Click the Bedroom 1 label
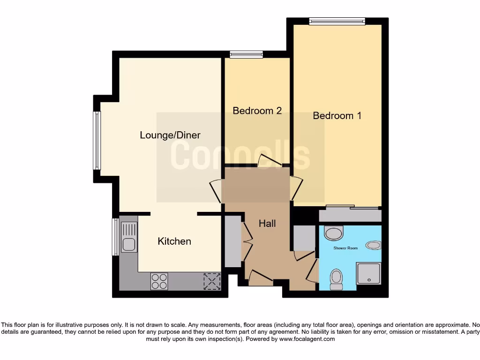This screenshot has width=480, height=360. pyautogui.click(x=337, y=115)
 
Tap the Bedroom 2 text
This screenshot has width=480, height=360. pyautogui.click(x=257, y=111)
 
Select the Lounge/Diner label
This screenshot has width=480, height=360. pyautogui.click(x=170, y=135)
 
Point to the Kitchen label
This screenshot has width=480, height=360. pyautogui.click(x=174, y=241)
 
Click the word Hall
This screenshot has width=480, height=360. pyautogui.click(x=267, y=224)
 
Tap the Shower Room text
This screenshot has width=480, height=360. pyautogui.click(x=345, y=247)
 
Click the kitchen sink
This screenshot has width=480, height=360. pyautogui.click(x=128, y=237)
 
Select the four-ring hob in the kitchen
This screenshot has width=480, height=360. pyautogui.click(x=159, y=281)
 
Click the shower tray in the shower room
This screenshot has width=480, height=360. pyautogui.click(x=369, y=273)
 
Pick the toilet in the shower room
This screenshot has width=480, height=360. pyautogui.click(x=336, y=279)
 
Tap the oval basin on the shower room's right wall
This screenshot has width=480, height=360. pyautogui.click(x=374, y=245)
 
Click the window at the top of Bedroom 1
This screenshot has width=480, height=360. pyautogui.click(x=337, y=21)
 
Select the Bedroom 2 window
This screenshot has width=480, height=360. pyautogui.click(x=246, y=54)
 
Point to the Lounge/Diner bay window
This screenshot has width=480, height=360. pyautogui.click(x=97, y=140)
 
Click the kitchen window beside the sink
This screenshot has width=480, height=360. pyautogui.click(x=115, y=237)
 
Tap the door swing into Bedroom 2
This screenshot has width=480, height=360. pyautogui.click(x=269, y=160)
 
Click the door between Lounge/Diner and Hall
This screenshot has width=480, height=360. pyautogui.click(x=215, y=191)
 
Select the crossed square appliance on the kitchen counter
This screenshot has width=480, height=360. pyautogui.click(x=211, y=281)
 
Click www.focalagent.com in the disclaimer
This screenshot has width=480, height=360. pyautogui.click(x=307, y=338)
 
